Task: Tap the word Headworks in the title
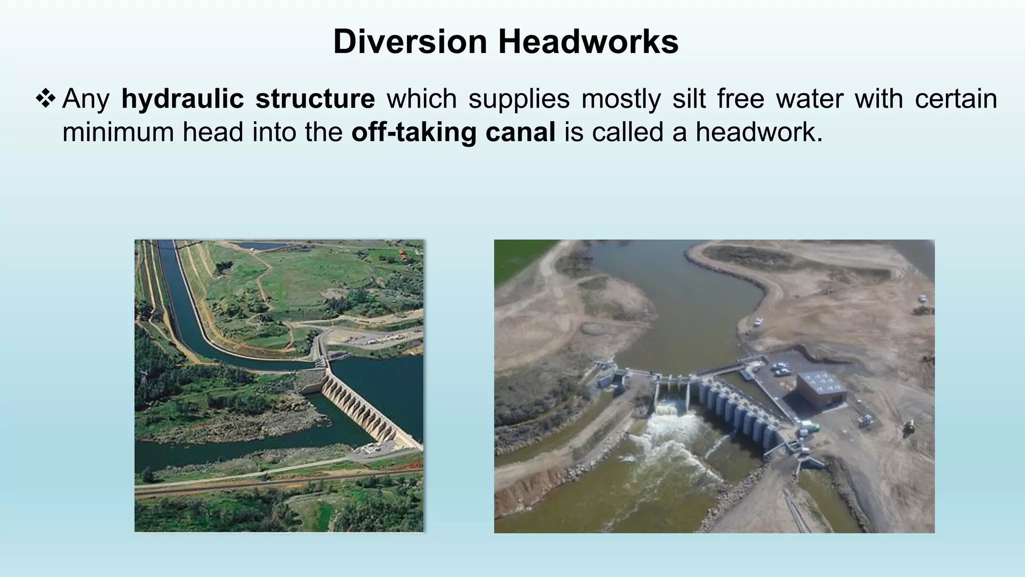pyautogui.click(x=588, y=42)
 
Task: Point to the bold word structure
pyautogui.click(x=315, y=99)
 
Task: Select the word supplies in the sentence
pyautogui.click(x=519, y=99)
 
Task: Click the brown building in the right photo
pyautogui.click(x=821, y=388)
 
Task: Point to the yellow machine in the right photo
pyautogui.click(x=909, y=426)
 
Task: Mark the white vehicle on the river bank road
pyautogui.click(x=758, y=321)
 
